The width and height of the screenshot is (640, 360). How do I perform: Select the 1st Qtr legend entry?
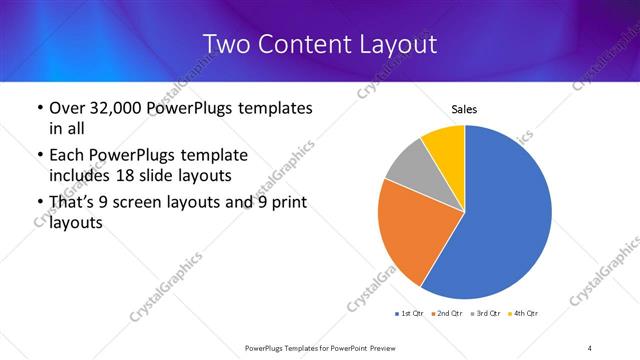point(407,314)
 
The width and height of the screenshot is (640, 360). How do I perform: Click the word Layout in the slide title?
point(398,44)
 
